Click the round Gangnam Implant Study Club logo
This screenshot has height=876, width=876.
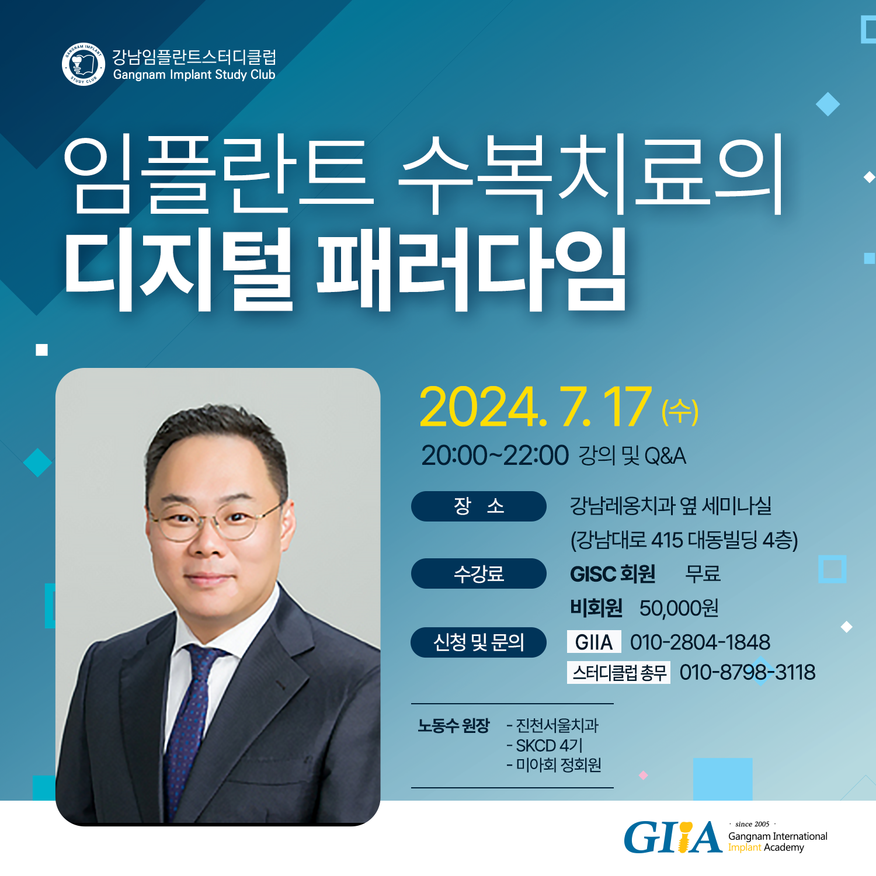click(x=84, y=64)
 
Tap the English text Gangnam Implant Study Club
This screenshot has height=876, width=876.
click(x=194, y=75)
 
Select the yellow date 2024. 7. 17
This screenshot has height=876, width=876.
click(x=535, y=407)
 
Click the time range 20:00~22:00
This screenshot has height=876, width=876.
click(x=495, y=456)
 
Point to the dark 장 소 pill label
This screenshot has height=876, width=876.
click(x=479, y=506)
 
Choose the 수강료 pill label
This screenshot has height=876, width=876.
click(x=479, y=573)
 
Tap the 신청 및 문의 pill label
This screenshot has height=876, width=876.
click(x=479, y=642)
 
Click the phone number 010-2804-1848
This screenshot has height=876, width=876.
click(x=700, y=642)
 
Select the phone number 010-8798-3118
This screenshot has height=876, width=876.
click(x=748, y=672)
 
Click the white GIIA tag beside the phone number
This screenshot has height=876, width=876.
click(x=594, y=642)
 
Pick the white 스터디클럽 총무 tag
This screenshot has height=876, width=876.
click(x=619, y=673)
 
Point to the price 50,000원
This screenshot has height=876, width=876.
click(x=679, y=609)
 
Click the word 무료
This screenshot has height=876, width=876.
click(x=703, y=573)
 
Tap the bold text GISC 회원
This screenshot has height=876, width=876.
click(x=613, y=574)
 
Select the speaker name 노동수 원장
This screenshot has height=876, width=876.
click(x=453, y=726)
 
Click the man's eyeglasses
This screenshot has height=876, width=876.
click(x=214, y=520)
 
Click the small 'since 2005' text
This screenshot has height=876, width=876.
click(x=752, y=824)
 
